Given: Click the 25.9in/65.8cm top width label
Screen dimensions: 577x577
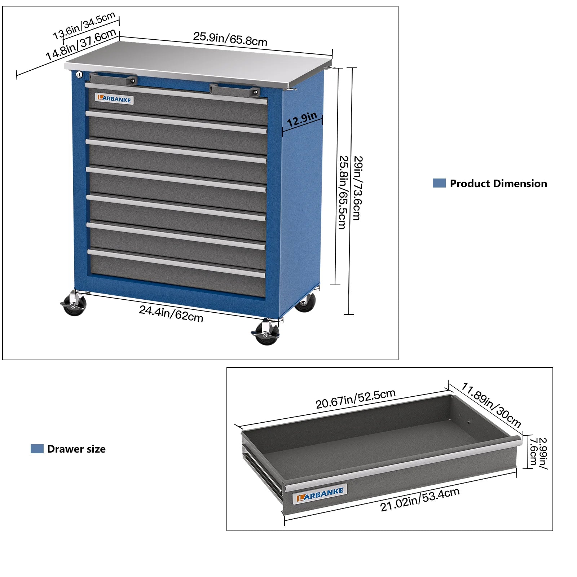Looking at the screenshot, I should [x=230, y=39].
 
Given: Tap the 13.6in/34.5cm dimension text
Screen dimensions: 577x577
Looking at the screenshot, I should [x=84, y=26].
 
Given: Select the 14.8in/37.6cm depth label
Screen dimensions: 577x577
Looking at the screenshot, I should [x=81, y=44].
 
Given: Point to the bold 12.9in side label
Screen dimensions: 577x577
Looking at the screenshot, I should [x=302, y=119].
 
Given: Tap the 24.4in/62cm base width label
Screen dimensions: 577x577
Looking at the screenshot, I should [x=171, y=313].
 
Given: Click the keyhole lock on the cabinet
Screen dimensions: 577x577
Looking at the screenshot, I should [x=79, y=75].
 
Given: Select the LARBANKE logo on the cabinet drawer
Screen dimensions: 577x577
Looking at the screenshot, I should [x=114, y=99].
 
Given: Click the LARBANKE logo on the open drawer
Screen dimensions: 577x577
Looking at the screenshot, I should [x=320, y=494].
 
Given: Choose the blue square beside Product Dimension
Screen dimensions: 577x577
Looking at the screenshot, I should [x=439, y=183].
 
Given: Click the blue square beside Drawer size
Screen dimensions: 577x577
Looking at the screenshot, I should [x=37, y=449].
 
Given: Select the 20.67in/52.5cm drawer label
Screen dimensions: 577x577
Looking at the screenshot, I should [x=356, y=399].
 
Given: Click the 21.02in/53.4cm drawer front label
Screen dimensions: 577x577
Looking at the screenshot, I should [x=420, y=499].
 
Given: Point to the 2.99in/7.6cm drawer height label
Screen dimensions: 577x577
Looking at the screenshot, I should [x=538, y=453].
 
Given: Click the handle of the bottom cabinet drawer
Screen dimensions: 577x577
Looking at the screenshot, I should [x=176, y=264].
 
